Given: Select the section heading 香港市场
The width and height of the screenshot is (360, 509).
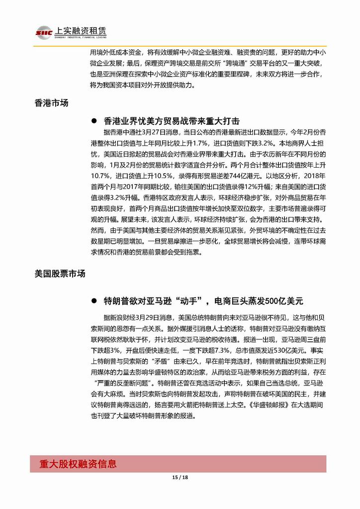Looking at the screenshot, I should (51, 103).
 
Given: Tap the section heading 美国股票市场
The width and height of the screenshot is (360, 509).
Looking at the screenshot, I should (60, 274).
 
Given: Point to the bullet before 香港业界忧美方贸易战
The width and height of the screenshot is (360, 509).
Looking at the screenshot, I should (94, 121).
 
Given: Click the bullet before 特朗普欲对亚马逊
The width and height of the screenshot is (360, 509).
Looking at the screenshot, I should (94, 302).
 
